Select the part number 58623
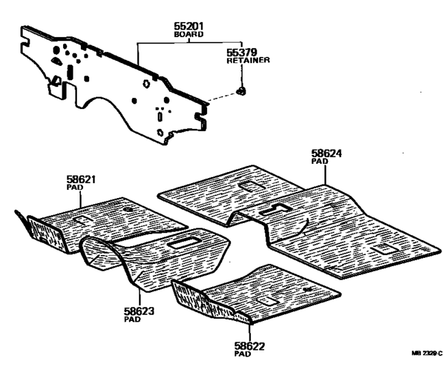coord(139,311)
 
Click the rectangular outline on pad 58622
coord(265,300)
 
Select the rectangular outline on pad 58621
coord(82,219)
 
